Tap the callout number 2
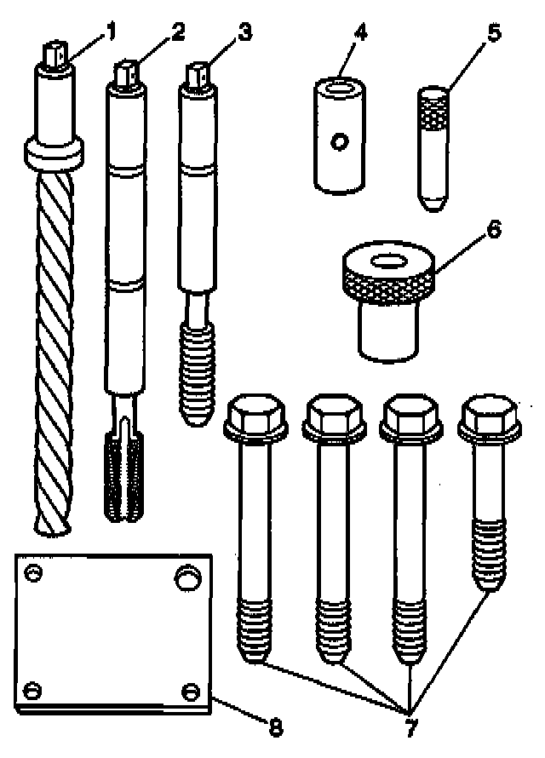pyautogui.click(x=177, y=33)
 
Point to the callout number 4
pyautogui.click(x=361, y=37)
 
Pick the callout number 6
pyautogui.click(x=495, y=229)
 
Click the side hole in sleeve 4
pyautogui.click(x=339, y=142)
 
